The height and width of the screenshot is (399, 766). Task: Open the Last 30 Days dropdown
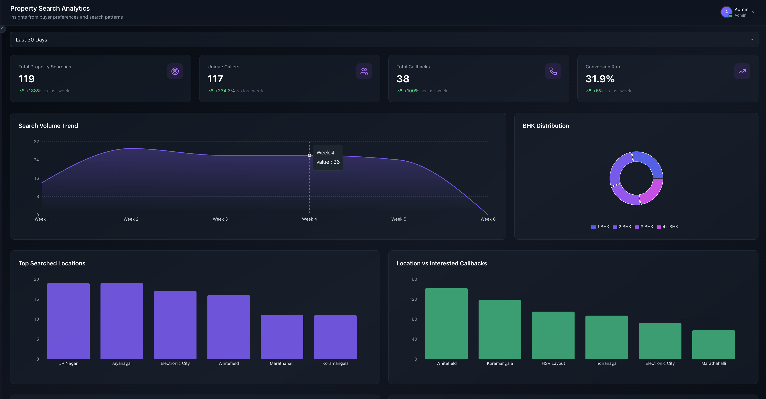[x=384, y=40]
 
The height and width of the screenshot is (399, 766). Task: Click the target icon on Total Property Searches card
[x=175, y=71]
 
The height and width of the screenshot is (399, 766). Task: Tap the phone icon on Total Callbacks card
[x=553, y=71]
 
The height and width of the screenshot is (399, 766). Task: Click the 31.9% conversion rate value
[x=600, y=79]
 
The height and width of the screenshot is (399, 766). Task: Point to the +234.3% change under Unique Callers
[x=225, y=91]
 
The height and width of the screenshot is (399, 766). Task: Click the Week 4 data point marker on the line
[x=309, y=155]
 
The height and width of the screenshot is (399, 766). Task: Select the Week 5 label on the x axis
[x=399, y=219]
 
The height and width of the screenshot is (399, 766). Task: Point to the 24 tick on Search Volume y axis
[x=36, y=160]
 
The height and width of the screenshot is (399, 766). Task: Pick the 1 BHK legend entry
[x=600, y=227]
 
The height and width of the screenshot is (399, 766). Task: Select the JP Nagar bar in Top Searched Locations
[x=68, y=321]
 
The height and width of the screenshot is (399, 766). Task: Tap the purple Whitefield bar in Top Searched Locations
[x=228, y=327]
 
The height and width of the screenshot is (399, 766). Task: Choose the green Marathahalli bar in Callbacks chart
[x=713, y=345]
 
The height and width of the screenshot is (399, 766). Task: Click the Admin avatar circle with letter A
[x=726, y=12]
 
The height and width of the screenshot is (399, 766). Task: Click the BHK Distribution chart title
[x=546, y=126]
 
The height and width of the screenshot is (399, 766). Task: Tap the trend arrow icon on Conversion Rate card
[x=742, y=71]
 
